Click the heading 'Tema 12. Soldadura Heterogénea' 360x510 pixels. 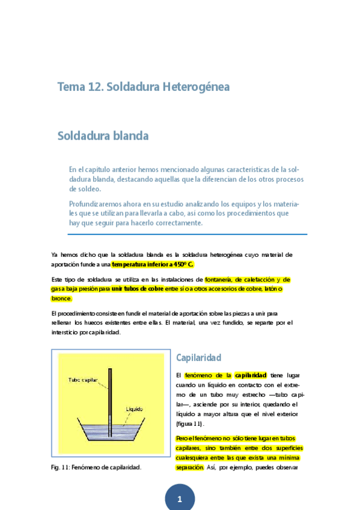click(x=143, y=87)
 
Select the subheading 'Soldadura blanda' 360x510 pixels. click(x=103, y=136)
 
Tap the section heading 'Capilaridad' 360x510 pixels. click(x=199, y=358)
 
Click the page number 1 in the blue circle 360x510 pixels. click(x=180, y=499)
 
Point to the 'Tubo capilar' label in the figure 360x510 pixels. click(x=83, y=380)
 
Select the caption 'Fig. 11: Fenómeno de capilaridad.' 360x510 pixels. click(x=96, y=467)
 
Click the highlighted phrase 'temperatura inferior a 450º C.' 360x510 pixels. click(x=153, y=264)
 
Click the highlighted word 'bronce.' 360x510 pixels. click(x=62, y=298)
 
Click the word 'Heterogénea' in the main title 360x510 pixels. click(x=196, y=87)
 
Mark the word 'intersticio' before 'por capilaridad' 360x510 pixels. click(x=69, y=332)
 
